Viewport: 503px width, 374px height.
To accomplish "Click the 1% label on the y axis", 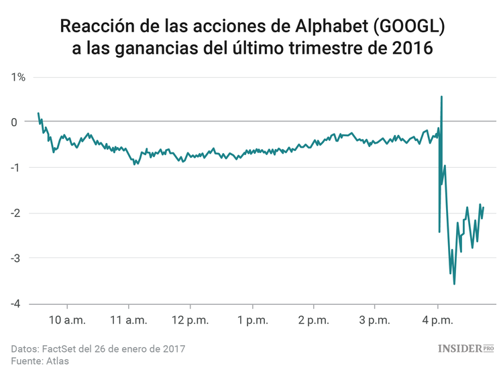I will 18,77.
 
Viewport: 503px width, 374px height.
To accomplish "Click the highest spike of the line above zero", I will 441,97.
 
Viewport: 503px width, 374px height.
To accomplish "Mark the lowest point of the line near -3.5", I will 454,284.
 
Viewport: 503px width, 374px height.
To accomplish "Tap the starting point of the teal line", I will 38,113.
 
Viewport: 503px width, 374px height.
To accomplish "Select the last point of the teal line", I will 483,207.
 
